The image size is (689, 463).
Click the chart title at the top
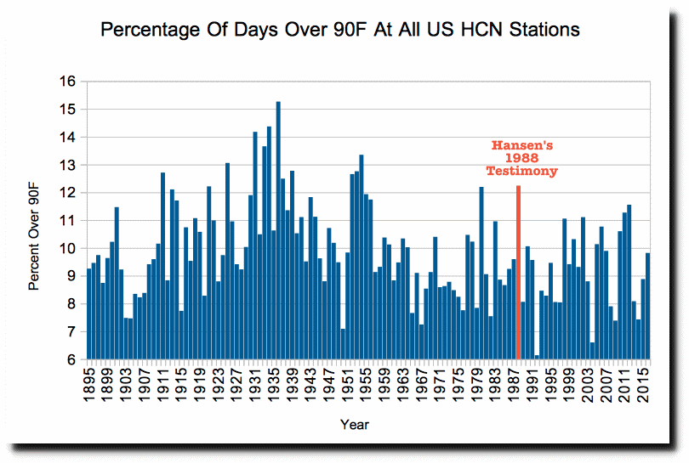pyautogui.click(x=340, y=30)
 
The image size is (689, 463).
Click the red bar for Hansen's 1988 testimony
pyautogui.click(x=518, y=272)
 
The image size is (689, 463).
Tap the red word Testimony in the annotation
pyautogui.click(x=521, y=171)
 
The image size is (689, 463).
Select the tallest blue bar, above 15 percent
pyautogui.click(x=278, y=230)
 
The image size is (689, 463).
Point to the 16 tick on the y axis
pyautogui.click(x=69, y=82)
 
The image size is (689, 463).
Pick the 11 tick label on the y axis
pyautogui.click(x=69, y=221)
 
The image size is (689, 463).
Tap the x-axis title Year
pyautogui.click(x=355, y=424)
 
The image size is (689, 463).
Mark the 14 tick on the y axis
pyautogui.click(x=69, y=137)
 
